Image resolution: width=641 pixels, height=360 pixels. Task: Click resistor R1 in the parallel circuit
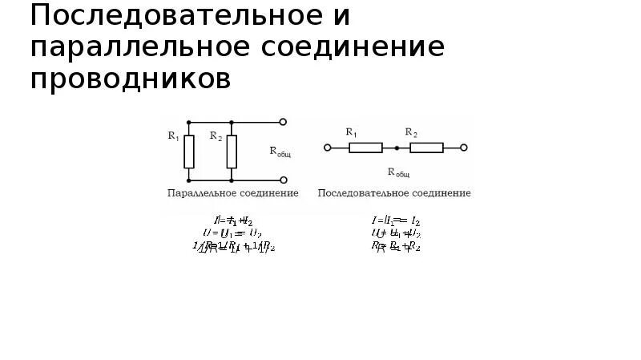pos(189,152)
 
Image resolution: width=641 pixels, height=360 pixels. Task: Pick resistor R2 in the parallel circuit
pos(232,152)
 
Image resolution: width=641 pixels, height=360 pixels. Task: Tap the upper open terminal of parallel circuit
pos(282,122)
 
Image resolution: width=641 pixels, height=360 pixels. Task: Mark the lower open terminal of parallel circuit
pos(282,180)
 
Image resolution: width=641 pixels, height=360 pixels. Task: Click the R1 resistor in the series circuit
pos(365,148)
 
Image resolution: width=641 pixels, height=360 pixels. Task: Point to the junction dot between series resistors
pos(396,148)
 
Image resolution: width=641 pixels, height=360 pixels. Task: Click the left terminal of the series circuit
pos(326,148)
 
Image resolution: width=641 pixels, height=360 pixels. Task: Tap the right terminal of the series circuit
pos(465,148)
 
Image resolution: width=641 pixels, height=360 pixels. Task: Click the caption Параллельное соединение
pos(232,193)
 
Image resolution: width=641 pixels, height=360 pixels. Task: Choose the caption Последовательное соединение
pos(394,193)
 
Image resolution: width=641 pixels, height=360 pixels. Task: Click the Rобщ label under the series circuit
pos(398,172)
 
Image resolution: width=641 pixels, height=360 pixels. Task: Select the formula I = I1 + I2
pos(233,219)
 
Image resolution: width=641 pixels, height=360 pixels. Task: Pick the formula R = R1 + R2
pos(396,246)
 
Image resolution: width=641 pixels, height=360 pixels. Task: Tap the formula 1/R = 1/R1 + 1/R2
pos(233,246)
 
